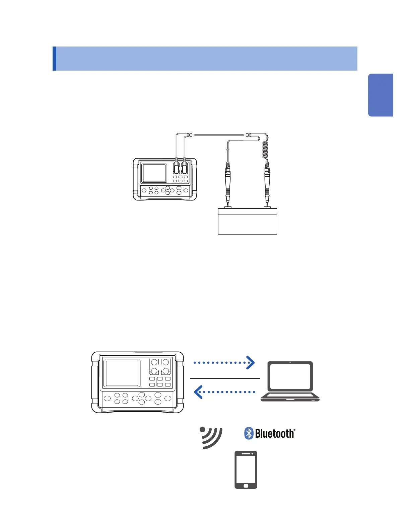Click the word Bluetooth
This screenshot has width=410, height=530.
click(x=275, y=434)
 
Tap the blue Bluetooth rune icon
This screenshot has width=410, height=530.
click(x=249, y=433)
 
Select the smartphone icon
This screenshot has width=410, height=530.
click(x=246, y=470)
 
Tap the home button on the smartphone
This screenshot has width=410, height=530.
click(x=246, y=485)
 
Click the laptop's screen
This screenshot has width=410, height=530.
click(x=290, y=376)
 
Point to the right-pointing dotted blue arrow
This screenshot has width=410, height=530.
click(x=224, y=362)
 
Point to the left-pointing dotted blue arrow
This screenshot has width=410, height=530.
click(x=224, y=392)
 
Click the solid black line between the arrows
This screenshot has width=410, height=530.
click(x=225, y=378)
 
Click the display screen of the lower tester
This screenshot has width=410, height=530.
click(x=122, y=373)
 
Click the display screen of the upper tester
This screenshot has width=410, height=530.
click(x=154, y=173)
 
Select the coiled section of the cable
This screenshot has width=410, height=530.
click(x=265, y=149)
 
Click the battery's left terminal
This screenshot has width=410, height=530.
click(x=228, y=207)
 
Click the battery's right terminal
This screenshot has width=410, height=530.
click(x=267, y=207)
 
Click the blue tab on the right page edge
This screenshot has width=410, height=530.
click(x=381, y=95)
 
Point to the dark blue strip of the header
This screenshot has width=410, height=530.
click(x=54, y=59)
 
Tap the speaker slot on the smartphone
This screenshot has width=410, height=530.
click(x=246, y=454)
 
